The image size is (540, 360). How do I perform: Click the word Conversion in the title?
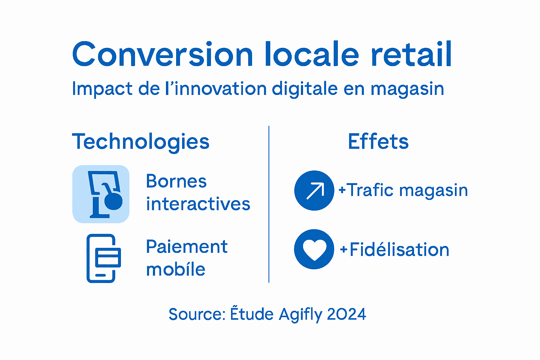coord(162,54)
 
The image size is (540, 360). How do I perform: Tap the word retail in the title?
coord(411,54)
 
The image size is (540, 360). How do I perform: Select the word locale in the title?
coord(311,54)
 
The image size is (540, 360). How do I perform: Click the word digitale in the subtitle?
coord(305,89)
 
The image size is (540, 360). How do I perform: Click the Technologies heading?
coord(141,142)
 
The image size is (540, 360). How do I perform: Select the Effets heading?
coord(378,141)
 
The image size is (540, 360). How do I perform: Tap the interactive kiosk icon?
coord(101,194)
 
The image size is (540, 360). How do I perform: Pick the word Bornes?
coord(176,181)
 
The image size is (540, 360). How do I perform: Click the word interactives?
coord(198,204)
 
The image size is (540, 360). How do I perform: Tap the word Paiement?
coord(187,247)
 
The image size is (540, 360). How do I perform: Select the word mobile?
coord(175,270)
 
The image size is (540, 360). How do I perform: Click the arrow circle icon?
coord(314,191)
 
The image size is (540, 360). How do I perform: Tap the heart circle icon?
coord(314,249)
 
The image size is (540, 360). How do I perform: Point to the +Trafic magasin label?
coord(403,191)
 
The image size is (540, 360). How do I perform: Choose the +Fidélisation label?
coord(394,250)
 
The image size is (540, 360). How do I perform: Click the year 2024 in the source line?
coord(346,314)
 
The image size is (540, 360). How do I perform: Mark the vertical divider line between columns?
coord(269,204)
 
